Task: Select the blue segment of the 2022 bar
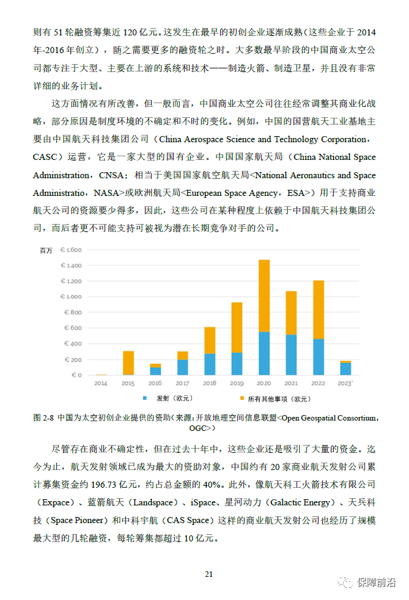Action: pyautogui.click(x=318, y=356)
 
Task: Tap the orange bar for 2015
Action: pyautogui.click(x=128, y=363)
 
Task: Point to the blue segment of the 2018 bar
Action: pyautogui.click(x=210, y=364)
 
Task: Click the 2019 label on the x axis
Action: pyautogui.click(x=237, y=383)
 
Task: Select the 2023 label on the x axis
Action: pyautogui.click(x=346, y=383)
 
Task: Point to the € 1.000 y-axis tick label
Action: pyautogui.click(x=71, y=297)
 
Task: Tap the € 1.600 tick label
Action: pyautogui.click(x=71, y=250)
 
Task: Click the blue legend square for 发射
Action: pyautogui.click(x=145, y=399)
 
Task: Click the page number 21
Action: pyautogui.click(x=208, y=574)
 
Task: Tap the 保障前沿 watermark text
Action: pyautogui.click(x=377, y=582)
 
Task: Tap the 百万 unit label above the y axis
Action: pyautogui.click(x=46, y=251)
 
